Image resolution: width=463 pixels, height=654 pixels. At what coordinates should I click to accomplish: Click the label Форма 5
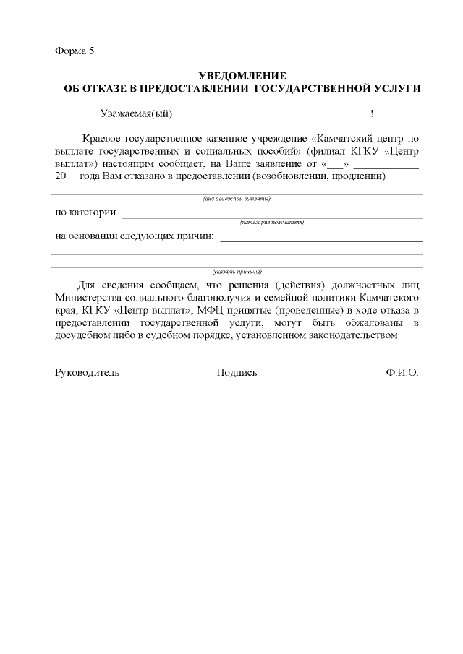pyautogui.click(x=75, y=51)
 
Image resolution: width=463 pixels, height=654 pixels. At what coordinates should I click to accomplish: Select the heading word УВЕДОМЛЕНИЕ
pyautogui.click(x=242, y=76)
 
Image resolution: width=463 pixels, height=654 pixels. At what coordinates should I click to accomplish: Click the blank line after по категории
pyautogui.click(x=271, y=215)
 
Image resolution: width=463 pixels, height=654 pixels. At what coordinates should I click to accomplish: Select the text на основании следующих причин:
pyautogui.click(x=135, y=236)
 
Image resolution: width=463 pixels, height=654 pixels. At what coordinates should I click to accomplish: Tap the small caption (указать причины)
pyautogui.click(x=237, y=272)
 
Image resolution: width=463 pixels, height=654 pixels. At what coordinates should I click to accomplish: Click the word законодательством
pyautogui.click(x=349, y=336)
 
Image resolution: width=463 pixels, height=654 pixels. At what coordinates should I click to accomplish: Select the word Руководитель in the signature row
pyautogui.click(x=87, y=373)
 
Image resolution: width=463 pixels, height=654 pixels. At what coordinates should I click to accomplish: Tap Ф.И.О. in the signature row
pyautogui.click(x=402, y=373)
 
